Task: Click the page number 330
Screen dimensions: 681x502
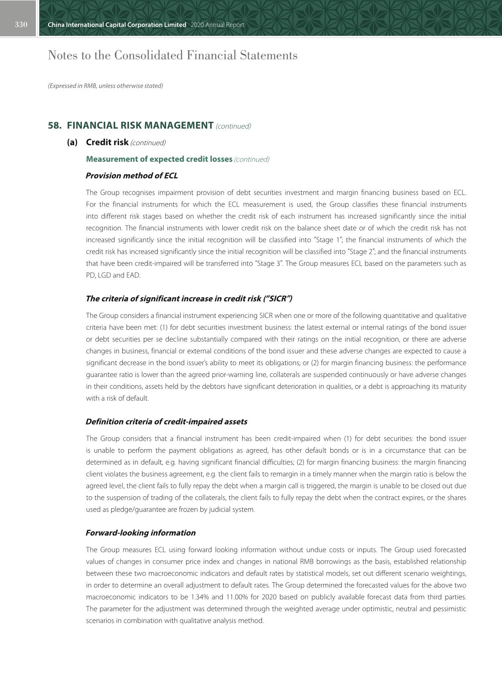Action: [x=21, y=24]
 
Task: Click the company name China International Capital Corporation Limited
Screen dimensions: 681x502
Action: [x=117, y=25]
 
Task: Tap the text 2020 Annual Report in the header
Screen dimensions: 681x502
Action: [x=217, y=25]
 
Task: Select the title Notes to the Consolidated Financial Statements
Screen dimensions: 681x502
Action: [x=173, y=55]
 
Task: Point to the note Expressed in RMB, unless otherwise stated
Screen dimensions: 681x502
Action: [x=105, y=86]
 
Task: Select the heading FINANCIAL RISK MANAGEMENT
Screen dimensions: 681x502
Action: [x=140, y=126]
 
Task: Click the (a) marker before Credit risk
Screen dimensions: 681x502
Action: [x=73, y=142]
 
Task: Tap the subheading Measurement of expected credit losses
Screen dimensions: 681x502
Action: [x=159, y=159]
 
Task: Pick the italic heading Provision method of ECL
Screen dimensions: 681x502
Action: [x=132, y=176]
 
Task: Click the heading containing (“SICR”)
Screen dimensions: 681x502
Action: [x=189, y=299]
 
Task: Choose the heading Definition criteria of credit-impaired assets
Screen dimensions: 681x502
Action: [x=166, y=422]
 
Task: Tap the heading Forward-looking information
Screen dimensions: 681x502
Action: [x=140, y=533]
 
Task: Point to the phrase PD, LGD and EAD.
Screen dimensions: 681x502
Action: [x=113, y=275]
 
